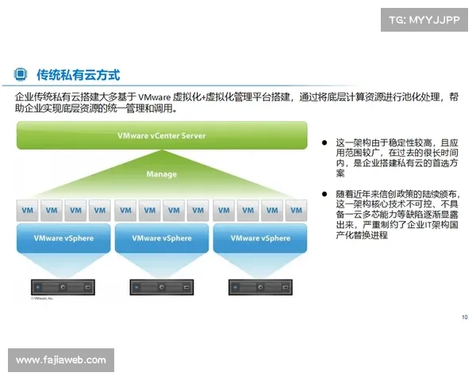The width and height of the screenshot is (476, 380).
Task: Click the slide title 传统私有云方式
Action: tap(78, 74)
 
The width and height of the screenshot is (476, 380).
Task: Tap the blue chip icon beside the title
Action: tap(21, 74)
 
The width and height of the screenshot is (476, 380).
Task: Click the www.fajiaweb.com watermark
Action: tap(60, 360)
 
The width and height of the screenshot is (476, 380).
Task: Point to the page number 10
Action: tap(464, 317)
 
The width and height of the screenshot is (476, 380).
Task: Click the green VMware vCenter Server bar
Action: tap(161, 135)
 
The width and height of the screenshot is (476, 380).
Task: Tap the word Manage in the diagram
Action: tap(161, 173)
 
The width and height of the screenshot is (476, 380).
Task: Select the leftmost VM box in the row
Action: tap(28, 211)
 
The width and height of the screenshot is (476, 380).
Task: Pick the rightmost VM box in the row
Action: tap(296, 211)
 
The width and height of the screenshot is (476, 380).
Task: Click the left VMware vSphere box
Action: tap(63, 238)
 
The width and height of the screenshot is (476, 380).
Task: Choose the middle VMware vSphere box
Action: tap(162, 238)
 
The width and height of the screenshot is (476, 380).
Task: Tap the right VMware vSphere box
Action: tap(261, 238)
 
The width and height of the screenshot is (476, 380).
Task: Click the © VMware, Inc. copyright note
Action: tap(44, 299)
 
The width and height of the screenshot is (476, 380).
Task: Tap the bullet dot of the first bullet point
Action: tap(324, 142)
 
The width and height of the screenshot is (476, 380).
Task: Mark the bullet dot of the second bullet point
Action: tap(324, 193)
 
